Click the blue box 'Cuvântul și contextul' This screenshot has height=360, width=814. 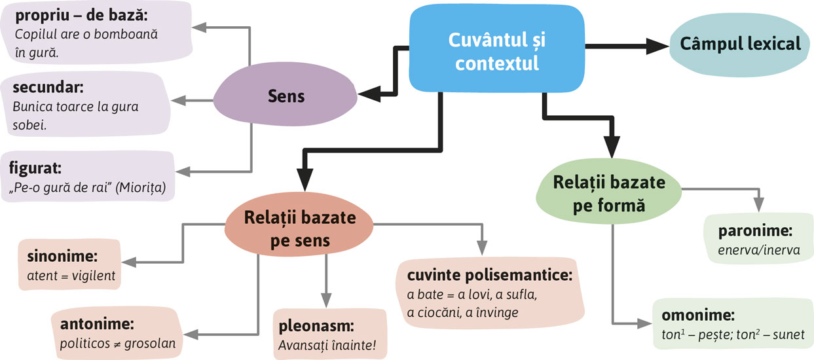coord(496,52)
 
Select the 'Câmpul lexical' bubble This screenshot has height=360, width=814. coord(740,45)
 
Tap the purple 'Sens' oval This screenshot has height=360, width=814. coord(286,96)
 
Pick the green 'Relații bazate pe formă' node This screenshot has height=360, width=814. coord(608,194)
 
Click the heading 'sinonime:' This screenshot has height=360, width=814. coord(56,256)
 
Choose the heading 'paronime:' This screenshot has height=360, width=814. coord(746,232)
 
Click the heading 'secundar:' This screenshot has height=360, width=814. coord(43,87)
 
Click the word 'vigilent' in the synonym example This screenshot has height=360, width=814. coord(95,276)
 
